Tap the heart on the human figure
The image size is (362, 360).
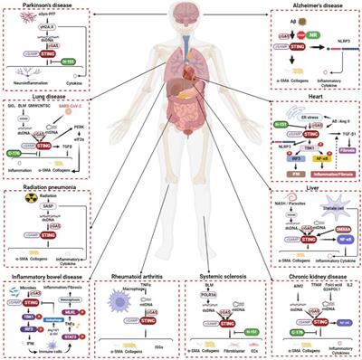pos(186,96)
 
